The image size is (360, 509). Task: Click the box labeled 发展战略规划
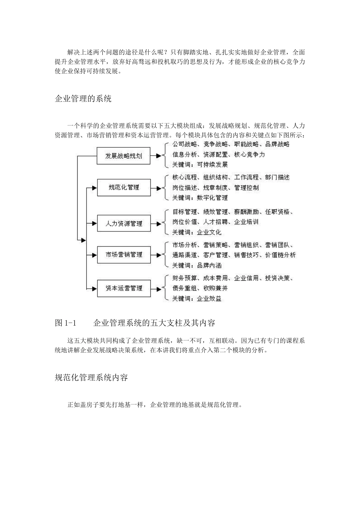(x=124, y=156)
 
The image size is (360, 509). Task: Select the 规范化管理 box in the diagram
(x=124, y=187)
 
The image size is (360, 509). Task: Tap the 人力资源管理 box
(x=124, y=223)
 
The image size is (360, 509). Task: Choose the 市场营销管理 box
(x=124, y=254)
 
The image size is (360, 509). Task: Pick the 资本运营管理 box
(x=124, y=288)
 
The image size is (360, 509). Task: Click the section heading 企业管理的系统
(x=83, y=99)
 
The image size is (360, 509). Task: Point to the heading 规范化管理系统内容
(x=91, y=378)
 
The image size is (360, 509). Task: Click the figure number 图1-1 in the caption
(x=66, y=323)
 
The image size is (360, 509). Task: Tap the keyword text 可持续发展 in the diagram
(x=212, y=165)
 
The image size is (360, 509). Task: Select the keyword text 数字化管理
(x=212, y=198)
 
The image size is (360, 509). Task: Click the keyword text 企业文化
(x=209, y=232)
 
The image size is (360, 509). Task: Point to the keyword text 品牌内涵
(x=209, y=265)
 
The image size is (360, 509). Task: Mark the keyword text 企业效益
(x=209, y=298)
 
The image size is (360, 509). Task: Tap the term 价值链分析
(x=280, y=255)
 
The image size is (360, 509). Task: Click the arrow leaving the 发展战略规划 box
(x=156, y=156)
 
